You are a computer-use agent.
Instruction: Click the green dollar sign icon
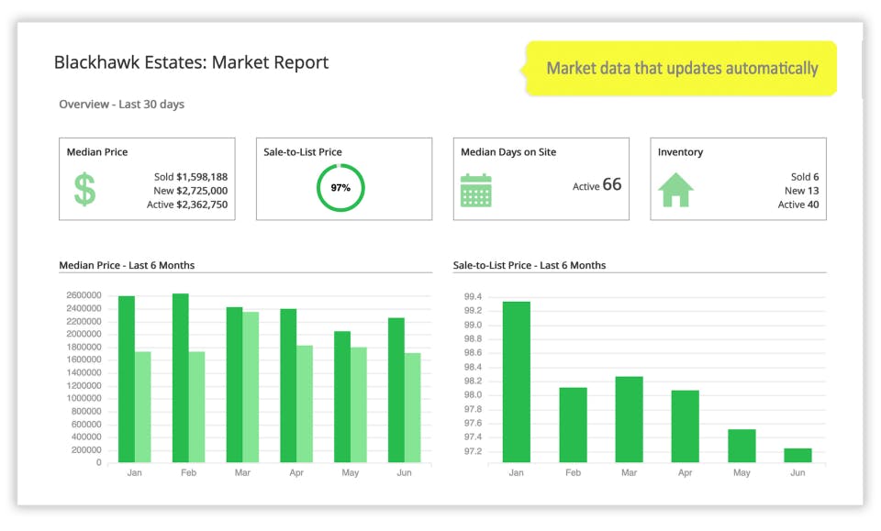pos(84,189)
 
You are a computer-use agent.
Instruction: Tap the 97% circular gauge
pos(340,188)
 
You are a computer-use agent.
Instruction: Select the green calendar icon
pos(475,189)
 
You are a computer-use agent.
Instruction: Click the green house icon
pos(675,189)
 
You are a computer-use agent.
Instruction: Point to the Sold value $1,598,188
pos(191,177)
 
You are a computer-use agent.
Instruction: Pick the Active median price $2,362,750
pos(187,205)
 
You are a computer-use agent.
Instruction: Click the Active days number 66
pos(611,184)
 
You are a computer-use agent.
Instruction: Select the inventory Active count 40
pos(811,205)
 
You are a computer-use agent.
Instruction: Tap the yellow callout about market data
pos(681,68)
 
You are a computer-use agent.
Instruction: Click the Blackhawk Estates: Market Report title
pos(191,62)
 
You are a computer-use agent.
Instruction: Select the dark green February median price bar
pos(181,378)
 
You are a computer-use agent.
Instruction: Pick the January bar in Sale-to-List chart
pos(516,382)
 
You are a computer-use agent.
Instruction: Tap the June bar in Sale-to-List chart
pos(797,455)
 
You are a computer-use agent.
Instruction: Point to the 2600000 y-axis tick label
pos(84,295)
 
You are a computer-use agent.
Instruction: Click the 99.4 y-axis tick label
pos(473,296)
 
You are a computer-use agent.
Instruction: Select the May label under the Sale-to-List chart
pos(742,473)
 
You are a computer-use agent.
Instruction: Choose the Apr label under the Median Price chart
pos(296,473)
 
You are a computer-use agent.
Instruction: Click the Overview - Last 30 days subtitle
pos(121,105)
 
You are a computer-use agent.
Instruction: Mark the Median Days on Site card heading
pos(508,152)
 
